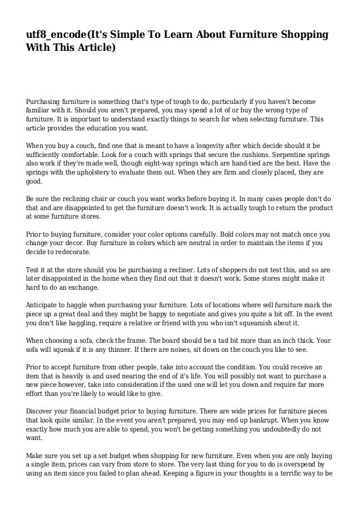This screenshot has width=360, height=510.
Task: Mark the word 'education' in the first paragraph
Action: [109, 129]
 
